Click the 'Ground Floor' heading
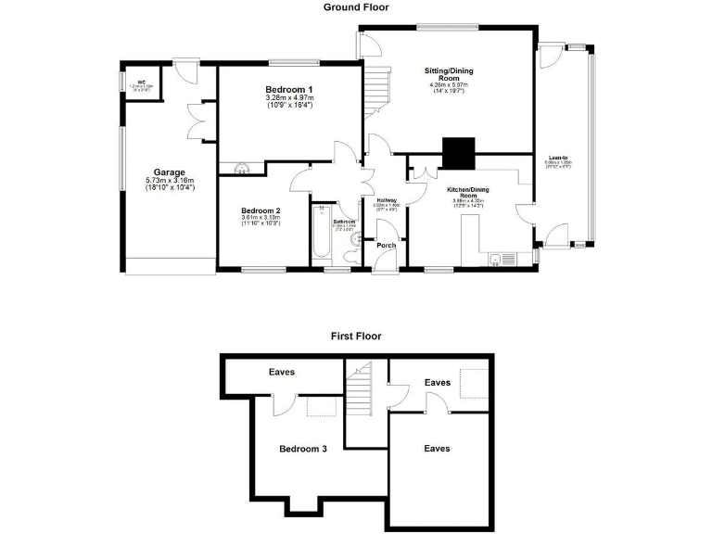[356, 7]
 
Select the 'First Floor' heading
[356, 337]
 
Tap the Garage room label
[169, 172]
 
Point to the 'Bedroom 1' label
[288, 89]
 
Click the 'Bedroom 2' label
[261, 210]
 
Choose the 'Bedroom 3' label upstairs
[303, 449]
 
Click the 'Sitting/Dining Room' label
[449, 74]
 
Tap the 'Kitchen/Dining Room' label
[468, 193]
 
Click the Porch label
[385, 246]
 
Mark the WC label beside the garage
[143, 82]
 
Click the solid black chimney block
[458, 150]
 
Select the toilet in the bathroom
[350, 257]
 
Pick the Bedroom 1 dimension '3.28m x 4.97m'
[288, 97]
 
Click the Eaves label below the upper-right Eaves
[437, 449]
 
